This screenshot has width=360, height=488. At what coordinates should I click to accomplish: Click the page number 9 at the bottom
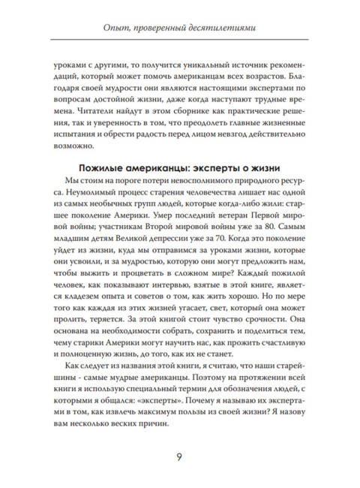pyautogui.click(x=179, y=458)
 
